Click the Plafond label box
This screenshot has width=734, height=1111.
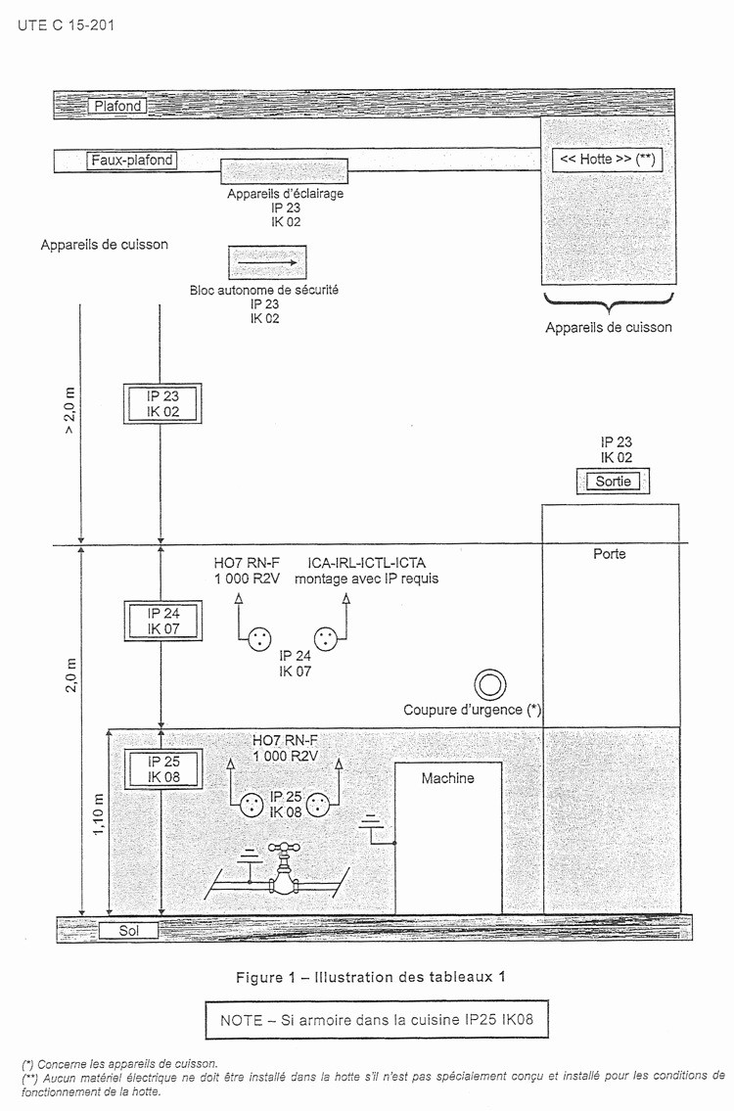[117, 107]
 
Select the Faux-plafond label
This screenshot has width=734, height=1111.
[132, 161]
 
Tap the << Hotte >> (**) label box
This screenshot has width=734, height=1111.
[607, 160]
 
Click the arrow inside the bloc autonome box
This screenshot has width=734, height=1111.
[267, 262]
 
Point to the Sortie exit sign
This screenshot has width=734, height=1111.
[613, 482]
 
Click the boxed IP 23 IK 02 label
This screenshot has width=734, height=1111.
[162, 404]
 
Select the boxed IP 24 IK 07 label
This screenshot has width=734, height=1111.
[163, 621]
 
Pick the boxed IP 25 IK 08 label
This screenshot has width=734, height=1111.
[163, 768]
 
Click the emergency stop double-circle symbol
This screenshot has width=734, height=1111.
[489, 686]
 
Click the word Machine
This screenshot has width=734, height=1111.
[448, 779]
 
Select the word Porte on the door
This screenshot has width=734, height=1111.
[610, 554]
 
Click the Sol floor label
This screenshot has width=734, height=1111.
[128, 930]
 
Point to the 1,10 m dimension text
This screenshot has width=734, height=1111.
[99, 814]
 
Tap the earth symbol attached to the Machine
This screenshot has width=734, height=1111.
[370, 823]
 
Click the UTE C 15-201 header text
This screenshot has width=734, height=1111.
[66, 25]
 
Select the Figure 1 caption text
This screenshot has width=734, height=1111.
[371, 977]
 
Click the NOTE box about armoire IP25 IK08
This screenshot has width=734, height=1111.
[377, 1020]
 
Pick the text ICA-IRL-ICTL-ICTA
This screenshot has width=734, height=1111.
[367, 563]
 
